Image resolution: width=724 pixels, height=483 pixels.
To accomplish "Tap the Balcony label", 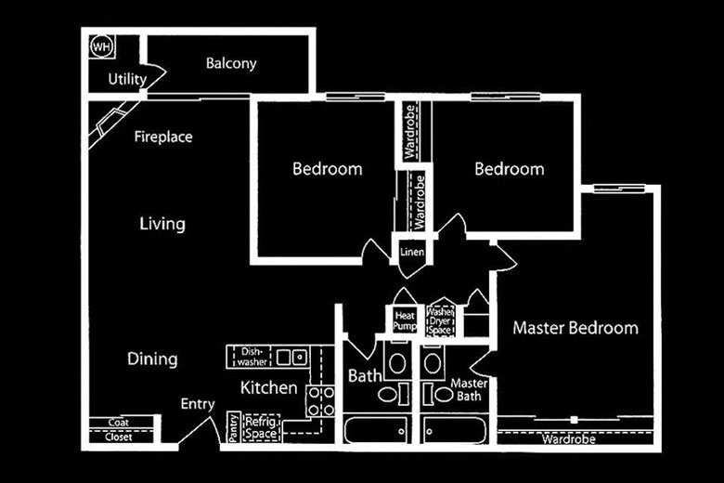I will coord(230,64).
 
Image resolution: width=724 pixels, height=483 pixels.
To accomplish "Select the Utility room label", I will coord(126,78).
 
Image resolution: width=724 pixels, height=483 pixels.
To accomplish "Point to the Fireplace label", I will coord(163,137).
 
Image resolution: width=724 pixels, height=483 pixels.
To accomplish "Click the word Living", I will coord(162,224).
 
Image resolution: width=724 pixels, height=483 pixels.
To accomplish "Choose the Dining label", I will coord(152,359).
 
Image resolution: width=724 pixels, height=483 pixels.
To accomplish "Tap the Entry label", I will coord(198,404).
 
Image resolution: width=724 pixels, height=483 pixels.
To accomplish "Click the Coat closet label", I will coord(117,423).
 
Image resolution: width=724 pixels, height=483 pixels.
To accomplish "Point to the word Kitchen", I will coord(269,387).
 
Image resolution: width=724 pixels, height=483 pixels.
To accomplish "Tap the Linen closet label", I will coord(411,253).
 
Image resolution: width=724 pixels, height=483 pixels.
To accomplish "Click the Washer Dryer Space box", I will coord(440,321).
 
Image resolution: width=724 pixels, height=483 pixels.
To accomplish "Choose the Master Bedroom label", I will coord(575,328).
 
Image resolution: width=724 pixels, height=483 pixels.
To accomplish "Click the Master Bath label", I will coord(469,389).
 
